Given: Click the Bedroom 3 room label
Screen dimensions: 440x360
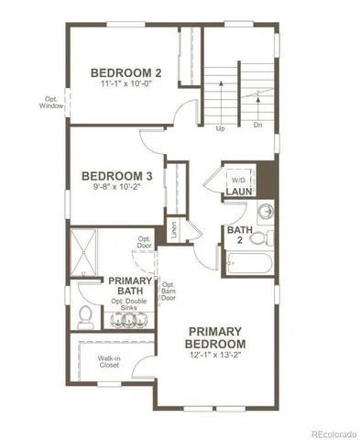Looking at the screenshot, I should [116, 177].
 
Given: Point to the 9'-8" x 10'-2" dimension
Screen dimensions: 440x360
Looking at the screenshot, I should [116, 190].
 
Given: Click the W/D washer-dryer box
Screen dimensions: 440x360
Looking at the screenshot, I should [239, 180].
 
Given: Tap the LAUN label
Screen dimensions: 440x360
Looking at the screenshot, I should [239, 193].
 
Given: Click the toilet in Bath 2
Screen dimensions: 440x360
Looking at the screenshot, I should [259, 238].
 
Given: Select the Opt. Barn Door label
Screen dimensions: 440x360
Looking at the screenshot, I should [169, 291].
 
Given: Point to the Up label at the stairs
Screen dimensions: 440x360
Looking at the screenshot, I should [220, 128].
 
